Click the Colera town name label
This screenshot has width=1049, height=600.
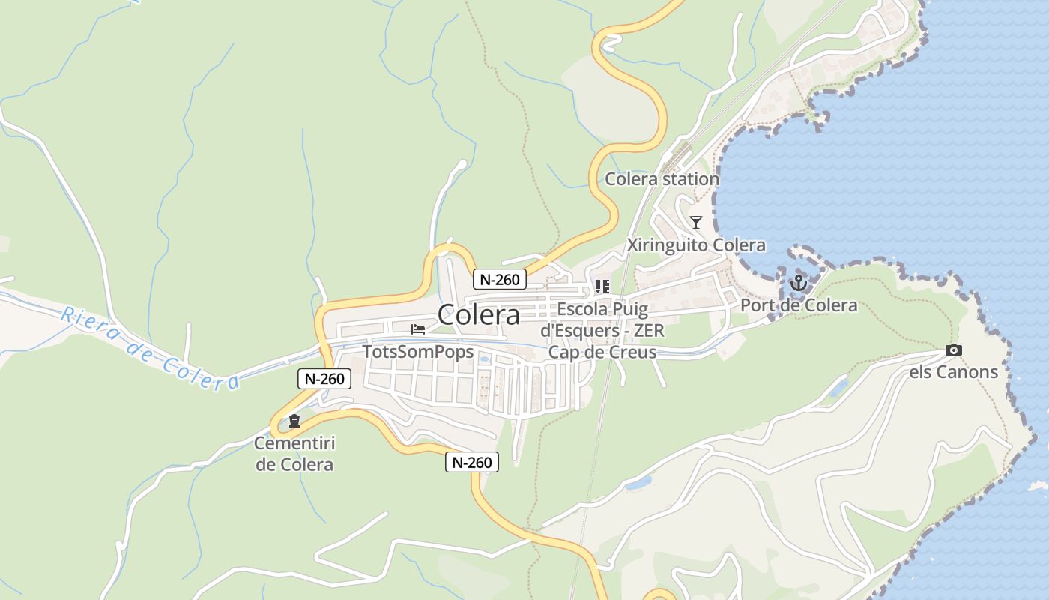pos(478,315)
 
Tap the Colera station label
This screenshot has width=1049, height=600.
pos(662,179)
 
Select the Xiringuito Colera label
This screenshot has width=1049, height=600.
pos(696,245)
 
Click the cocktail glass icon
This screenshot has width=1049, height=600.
pos(696,223)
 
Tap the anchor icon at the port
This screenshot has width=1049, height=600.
pos(798,283)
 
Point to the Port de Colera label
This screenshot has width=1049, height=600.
pos(799,305)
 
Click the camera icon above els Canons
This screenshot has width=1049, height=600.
pos(953,350)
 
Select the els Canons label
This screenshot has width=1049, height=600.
pos(953,372)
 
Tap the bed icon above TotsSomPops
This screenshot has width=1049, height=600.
pos(418,329)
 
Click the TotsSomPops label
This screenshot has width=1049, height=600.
pos(418,352)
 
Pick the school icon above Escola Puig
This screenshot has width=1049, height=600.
pos(602,286)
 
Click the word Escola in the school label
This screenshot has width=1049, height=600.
pos(582,309)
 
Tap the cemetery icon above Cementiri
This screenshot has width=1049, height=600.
pos(294,421)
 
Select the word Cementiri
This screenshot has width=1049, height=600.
pos(294,443)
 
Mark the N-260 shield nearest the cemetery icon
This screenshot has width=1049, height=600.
pos(325,379)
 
